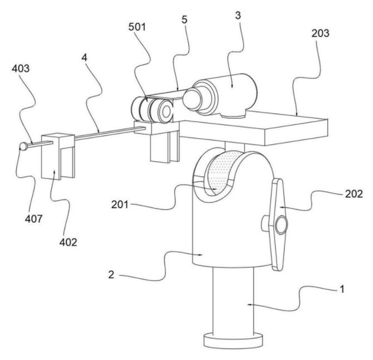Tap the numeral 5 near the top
coord(184,20)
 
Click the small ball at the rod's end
coord(24,147)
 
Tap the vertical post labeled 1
coord(233,301)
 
